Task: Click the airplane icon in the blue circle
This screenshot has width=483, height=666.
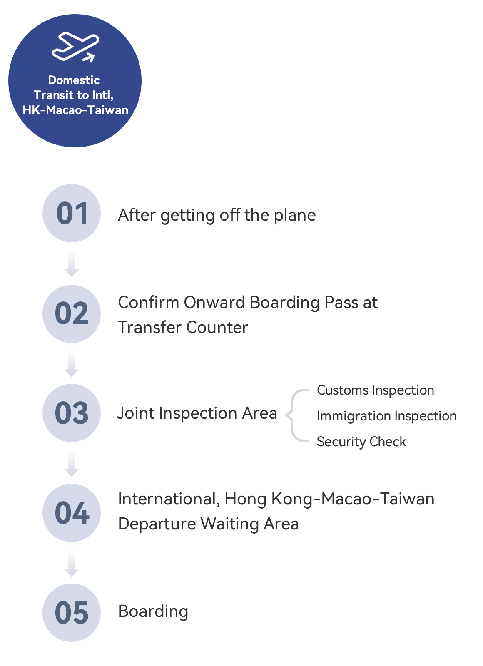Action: [75, 47]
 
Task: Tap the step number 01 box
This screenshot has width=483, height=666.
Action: [72, 213]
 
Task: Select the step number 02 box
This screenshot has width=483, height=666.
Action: [72, 314]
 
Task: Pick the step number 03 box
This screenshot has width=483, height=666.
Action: [72, 413]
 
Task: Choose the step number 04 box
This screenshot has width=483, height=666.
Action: [72, 513]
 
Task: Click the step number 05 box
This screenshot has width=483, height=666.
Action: [72, 613]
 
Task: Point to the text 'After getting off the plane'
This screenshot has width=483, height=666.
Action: [217, 216]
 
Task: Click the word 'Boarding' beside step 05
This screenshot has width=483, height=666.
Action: [153, 611]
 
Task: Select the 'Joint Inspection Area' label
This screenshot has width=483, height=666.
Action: [197, 414]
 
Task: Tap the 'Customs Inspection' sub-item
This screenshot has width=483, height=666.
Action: [375, 390]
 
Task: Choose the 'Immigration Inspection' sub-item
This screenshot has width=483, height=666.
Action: [386, 416]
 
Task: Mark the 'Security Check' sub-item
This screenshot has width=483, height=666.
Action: [361, 442]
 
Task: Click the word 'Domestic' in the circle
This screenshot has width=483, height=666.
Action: [74, 80]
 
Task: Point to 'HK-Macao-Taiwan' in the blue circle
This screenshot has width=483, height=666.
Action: [75, 110]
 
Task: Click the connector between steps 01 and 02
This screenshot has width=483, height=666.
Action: [72, 263]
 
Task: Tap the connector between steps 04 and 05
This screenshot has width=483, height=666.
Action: [72, 563]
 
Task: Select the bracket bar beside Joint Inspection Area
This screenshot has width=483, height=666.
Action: [297, 415]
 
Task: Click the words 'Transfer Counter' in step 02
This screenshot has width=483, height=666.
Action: [183, 327]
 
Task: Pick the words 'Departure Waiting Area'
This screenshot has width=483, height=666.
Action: [208, 524]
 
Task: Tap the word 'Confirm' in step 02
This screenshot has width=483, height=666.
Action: [148, 303]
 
